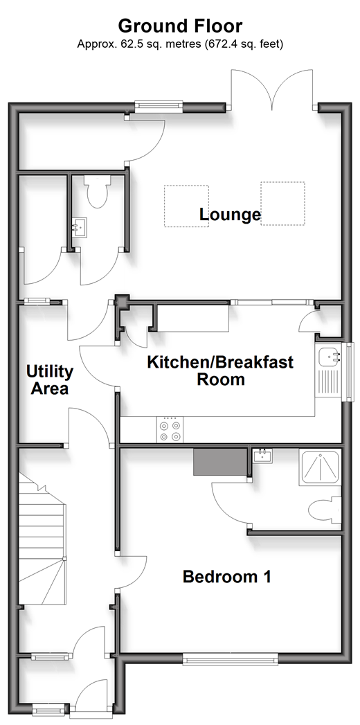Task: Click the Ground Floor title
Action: coord(180,26)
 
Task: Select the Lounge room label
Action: coord(230,215)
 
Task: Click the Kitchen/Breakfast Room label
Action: coord(220,370)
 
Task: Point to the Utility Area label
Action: coord(49,379)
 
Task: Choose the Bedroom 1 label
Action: coord(226,577)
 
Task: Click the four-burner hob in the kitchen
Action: coord(170,429)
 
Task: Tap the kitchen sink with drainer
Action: coord(329,370)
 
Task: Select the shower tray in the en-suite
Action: coord(320,467)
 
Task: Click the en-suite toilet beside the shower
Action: coord(325,510)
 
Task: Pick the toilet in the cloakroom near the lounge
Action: coord(97,191)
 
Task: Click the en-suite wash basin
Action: coord(263,456)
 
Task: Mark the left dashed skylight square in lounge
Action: coord(187,206)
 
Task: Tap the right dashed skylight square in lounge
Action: coord(283,204)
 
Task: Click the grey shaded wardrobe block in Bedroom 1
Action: coord(220,461)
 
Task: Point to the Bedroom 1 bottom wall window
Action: coord(230,659)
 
